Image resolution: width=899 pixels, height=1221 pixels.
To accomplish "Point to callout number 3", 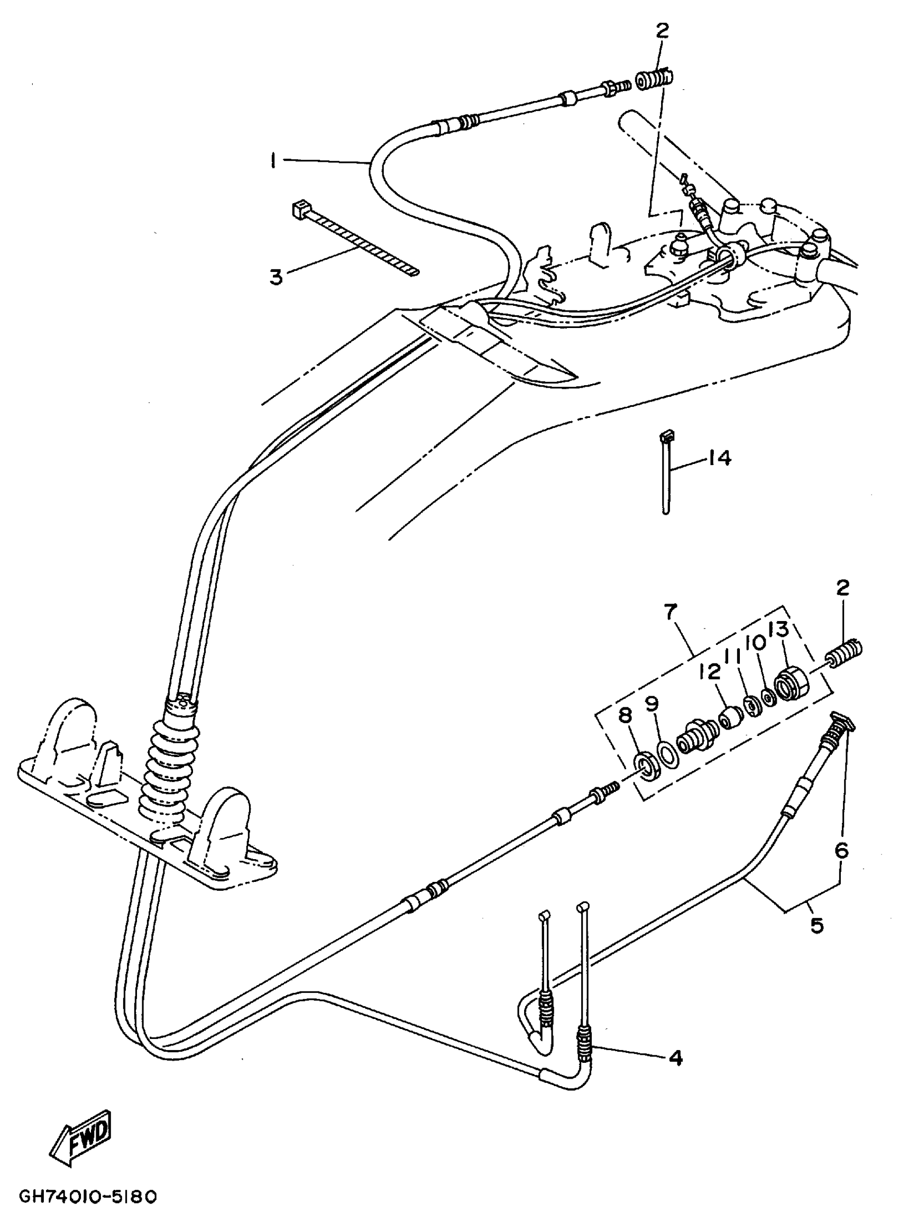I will click(277, 277).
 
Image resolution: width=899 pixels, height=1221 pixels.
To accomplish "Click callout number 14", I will click(719, 458).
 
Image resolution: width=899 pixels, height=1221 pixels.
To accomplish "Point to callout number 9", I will click(652, 704).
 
